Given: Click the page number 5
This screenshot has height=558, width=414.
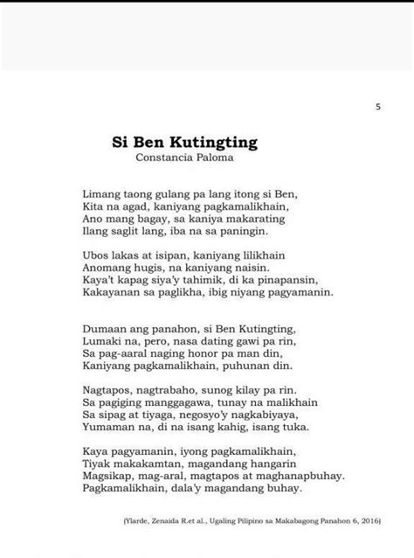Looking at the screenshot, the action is click(x=378, y=107).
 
